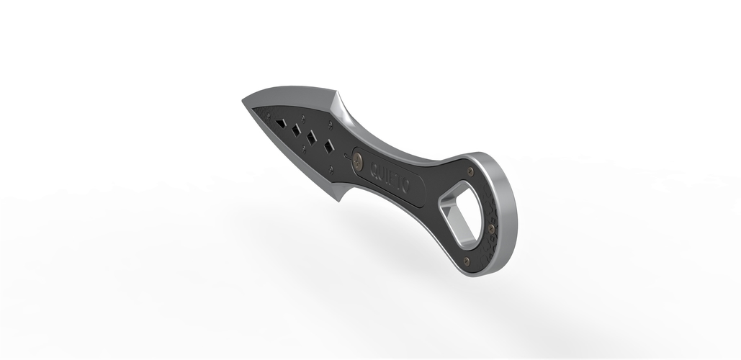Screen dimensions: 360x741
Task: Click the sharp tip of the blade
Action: pyautogui.click(x=243, y=103)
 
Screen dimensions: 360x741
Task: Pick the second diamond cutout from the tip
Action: pyautogui.click(x=295, y=130)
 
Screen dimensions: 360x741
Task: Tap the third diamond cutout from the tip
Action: pyautogui.click(x=312, y=137)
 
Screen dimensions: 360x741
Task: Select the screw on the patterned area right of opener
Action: pyautogui.click(x=495, y=229)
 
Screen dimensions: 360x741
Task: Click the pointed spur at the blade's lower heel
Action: pyautogui.click(x=340, y=201)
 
